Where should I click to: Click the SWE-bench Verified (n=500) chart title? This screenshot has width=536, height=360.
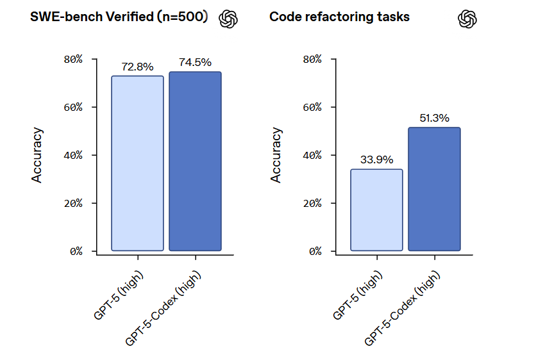point(119,17)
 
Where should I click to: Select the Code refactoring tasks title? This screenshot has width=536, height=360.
point(339,17)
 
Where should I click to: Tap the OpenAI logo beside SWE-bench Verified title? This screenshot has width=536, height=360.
point(228,19)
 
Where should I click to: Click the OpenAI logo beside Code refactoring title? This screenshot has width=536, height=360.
point(467,19)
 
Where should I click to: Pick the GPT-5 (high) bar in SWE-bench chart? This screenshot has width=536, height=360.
point(137,163)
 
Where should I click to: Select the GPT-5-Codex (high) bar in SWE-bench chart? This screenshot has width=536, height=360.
point(195,161)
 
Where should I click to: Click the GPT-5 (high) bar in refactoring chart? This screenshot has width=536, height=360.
point(376,209)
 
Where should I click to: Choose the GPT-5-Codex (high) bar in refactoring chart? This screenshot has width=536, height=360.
point(434,189)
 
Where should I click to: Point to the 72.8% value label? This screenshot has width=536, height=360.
point(137,67)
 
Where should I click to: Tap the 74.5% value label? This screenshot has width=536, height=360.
point(195,63)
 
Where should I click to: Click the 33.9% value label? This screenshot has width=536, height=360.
point(376,160)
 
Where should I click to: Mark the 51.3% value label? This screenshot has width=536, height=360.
point(434,118)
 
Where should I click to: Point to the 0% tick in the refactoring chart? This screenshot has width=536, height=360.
point(315,251)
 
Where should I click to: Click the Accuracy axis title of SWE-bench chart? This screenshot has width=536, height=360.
point(37,155)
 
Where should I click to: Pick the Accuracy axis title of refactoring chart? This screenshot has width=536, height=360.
point(276,155)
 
